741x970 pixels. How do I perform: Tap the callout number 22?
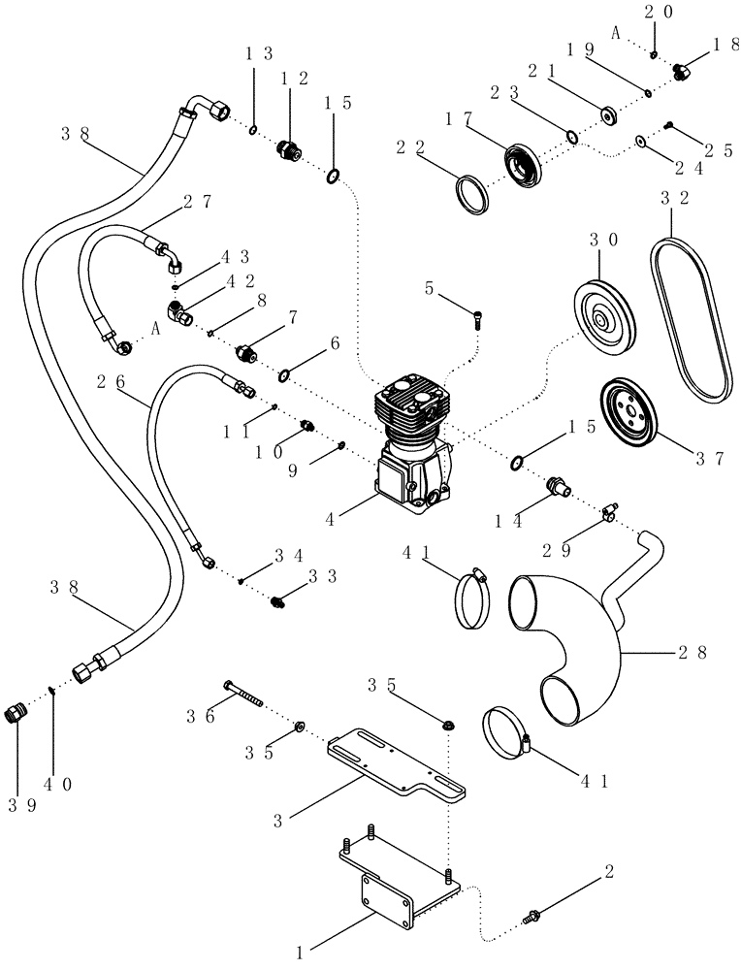pos(407,147)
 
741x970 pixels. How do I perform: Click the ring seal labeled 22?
pos(473,190)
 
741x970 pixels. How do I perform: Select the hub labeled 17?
pos(525,162)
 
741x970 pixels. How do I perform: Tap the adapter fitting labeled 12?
pos(287,150)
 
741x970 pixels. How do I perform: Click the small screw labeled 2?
pos(534,913)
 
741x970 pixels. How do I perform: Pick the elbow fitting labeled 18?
pos(683,71)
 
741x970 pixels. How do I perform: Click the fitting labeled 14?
pos(557,486)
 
